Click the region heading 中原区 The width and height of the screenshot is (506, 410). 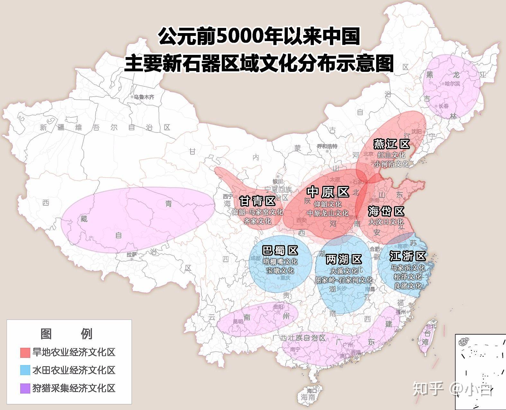pos(328,192)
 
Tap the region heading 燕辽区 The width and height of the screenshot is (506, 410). pos(391,144)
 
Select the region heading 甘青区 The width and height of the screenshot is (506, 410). pos(257,201)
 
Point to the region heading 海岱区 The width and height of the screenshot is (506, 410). pos(386,211)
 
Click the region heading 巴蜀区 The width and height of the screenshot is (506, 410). pos(280,250)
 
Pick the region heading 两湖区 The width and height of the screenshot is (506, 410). pos(344,259)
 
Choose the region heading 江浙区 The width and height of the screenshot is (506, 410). pos(407,256)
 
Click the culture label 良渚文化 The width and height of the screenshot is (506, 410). pos(408,285)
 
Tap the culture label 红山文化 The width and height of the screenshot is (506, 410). pos(391,155)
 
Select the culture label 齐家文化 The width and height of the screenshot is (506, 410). pos(257,221)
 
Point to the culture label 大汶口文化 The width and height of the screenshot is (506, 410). pos(386,222)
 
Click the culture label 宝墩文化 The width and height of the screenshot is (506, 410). pos(280,270)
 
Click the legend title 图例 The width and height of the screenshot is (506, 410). pos(67,334)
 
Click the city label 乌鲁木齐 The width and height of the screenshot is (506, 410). pos(144,97)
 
